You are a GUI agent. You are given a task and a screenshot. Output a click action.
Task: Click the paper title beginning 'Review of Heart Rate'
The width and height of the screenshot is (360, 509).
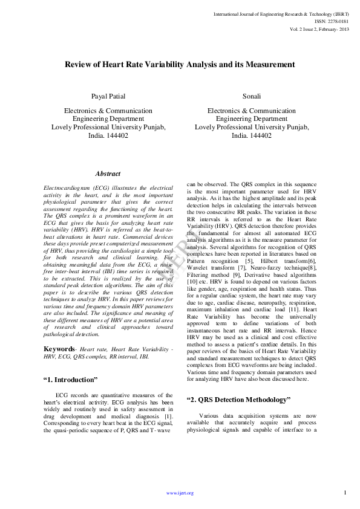[x=180, y=64]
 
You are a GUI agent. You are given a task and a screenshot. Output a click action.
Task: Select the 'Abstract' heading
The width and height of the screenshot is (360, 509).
[x=108, y=173]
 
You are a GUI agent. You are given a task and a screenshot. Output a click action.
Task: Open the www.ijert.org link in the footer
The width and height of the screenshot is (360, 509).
[x=180, y=493]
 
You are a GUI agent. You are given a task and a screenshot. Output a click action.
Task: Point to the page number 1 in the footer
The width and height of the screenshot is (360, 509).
[x=344, y=493]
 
